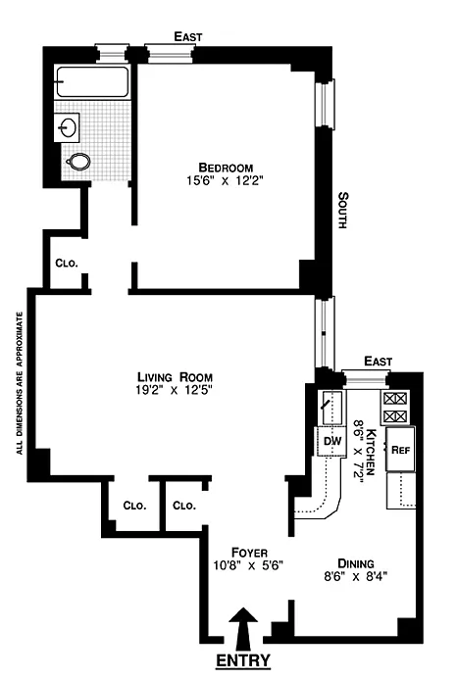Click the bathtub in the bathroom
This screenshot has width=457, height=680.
click(x=92, y=81)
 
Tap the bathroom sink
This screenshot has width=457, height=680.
click(x=67, y=127)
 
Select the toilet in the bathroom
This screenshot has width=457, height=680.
click(x=78, y=162)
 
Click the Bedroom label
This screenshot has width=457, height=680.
click(x=226, y=168)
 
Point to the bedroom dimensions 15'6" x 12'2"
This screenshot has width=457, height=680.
click(x=226, y=180)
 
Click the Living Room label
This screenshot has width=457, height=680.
click(x=175, y=377)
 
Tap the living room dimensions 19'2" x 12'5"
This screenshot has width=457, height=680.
click(x=175, y=390)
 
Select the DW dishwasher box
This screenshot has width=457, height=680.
click(x=331, y=442)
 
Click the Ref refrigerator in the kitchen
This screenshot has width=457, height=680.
click(x=400, y=450)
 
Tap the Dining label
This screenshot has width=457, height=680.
click(x=355, y=563)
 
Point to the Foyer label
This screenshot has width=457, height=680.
click(x=249, y=553)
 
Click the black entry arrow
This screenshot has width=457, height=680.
click(x=243, y=627)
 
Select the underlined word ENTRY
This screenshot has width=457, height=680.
click(x=243, y=660)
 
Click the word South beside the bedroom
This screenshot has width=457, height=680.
click(x=343, y=210)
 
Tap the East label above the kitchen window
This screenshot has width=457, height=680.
click(x=378, y=361)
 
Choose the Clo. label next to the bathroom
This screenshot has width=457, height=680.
click(x=67, y=264)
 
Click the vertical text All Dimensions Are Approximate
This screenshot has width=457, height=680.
click(x=19, y=383)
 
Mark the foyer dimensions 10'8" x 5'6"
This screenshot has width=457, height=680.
click(x=248, y=565)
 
